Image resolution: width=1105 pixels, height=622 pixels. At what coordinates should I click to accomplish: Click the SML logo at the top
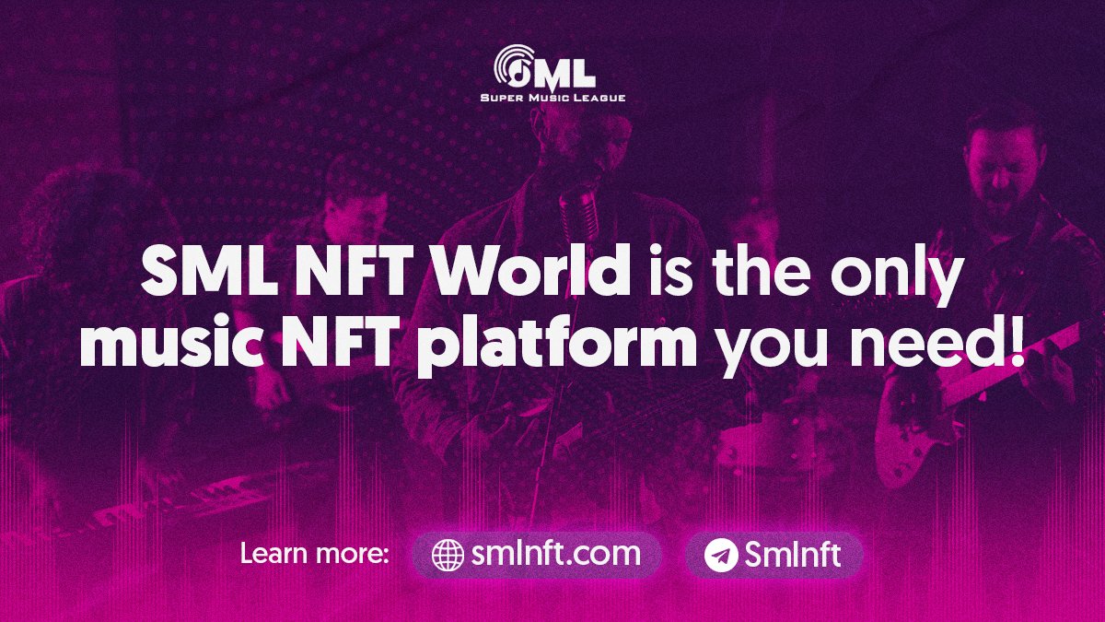(545, 66)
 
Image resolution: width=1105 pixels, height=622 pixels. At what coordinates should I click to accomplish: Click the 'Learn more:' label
(315, 555)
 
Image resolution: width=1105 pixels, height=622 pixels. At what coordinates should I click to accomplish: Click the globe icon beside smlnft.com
(448, 555)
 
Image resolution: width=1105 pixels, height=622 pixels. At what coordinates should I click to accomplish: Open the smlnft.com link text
(555, 554)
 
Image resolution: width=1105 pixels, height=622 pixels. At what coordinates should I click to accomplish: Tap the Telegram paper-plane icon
(721, 555)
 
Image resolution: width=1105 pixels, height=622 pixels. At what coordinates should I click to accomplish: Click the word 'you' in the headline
(762, 348)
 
